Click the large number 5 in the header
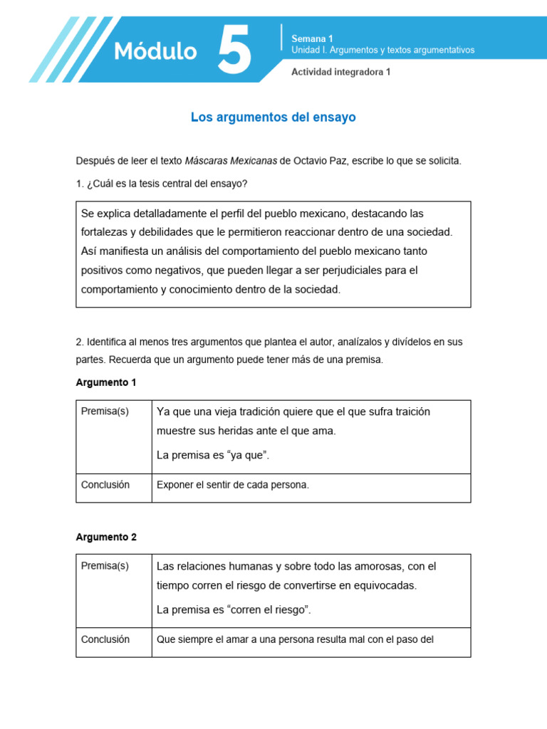pyautogui.click(x=234, y=49)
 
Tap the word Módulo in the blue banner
pyautogui.click(x=155, y=51)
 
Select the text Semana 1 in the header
pyautogui.click(x=312, y=38)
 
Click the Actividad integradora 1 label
pyautogui.click(x=341, y=72)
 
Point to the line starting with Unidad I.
pyautogui.click(x=382, y=50)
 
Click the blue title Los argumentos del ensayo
pyautogui.click(x=273, y=117)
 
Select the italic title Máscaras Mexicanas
pyautogui.click(x=231, y=161)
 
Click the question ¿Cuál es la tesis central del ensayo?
pyautogui.click(x=162, y=184)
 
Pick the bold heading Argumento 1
pyautogui.click(x=106, y=382)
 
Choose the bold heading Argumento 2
pyautogui.click(x=106, y=537)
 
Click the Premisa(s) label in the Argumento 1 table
pyautogui.click(x=105, y=411)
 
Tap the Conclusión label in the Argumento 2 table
pyautogui.click(x=105, y=639)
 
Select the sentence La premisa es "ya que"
pyautogui.click(x=213, y=456)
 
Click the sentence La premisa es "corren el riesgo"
pyautogui.click(x=234, y=609)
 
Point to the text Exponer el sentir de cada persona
pyautogui.click(x=233, y=485)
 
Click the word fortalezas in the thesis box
pyautogui.click(x=108, y=232)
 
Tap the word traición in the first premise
pyautogui.click(x=410, y=411)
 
